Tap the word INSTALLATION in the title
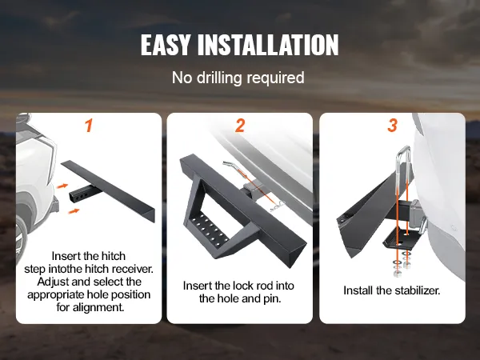tap(268, 45)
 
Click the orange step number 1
tap(89, 126)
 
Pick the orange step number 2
tap(240, 126)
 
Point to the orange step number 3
tap(393, 126)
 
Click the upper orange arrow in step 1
tap(62, 186)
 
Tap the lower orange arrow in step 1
tap(74, 211)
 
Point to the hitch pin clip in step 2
tap(278, 206)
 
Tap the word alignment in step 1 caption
tap(98, 307)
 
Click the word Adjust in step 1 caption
tap(53, 282)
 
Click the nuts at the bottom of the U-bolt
tap(401, 268)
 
